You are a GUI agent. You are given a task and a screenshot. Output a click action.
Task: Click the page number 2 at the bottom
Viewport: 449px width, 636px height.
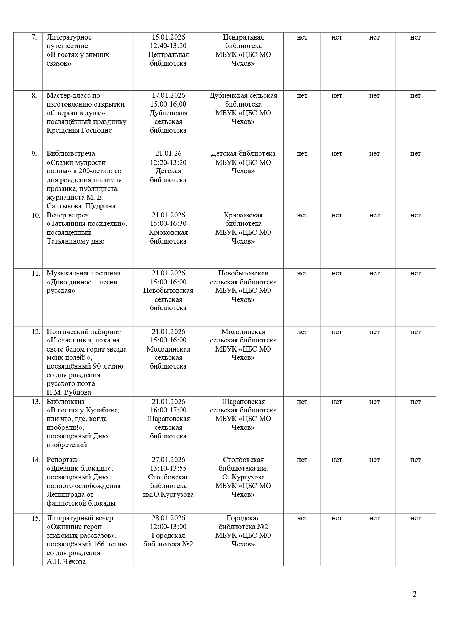tap(414, 594)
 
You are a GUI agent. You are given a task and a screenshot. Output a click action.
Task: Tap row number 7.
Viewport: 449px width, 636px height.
tap(34, 37)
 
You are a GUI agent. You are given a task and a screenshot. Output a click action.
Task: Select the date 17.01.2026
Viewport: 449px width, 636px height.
tap(168, 96)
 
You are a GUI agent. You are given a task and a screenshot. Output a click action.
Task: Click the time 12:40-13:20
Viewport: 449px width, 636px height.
tap(168, 46)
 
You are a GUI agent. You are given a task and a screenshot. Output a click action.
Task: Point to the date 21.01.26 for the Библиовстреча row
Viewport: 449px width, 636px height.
tap(168, 154)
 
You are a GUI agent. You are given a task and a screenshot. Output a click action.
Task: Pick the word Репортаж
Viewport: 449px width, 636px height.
tap(62, 460)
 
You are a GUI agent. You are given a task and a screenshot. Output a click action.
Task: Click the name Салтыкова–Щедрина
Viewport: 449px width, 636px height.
tap(81, 206)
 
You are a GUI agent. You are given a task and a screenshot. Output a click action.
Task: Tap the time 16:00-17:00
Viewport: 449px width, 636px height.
tap(168, 410)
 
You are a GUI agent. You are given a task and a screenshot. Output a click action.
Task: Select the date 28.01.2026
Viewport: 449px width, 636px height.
tap(168, 518)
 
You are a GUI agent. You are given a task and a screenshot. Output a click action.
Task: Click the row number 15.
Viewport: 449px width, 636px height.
tap(36, 519)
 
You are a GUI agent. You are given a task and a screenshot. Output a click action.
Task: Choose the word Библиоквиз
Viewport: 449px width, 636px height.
tap(66, 402)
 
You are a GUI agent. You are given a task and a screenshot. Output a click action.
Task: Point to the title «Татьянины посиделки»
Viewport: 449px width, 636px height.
tap(87, 224)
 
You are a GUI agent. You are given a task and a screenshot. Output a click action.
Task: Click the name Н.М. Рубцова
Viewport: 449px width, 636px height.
tap(69, 392)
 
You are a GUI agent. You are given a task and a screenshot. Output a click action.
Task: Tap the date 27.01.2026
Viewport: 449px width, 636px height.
tap(168, 460)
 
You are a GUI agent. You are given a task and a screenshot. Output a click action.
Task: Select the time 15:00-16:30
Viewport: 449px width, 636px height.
tap(168, 224)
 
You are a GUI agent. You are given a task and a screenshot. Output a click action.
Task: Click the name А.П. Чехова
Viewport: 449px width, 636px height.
tap(66, 562)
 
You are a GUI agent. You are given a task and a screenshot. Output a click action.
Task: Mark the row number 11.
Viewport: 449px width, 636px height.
tap(36, 274)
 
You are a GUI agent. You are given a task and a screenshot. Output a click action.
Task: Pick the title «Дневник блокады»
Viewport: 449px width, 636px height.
tap(80, 469)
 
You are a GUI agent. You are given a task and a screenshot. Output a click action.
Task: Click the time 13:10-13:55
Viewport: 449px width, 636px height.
tap(168, 469)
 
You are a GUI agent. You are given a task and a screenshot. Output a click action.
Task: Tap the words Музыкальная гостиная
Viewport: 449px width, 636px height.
tap(83, 273)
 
